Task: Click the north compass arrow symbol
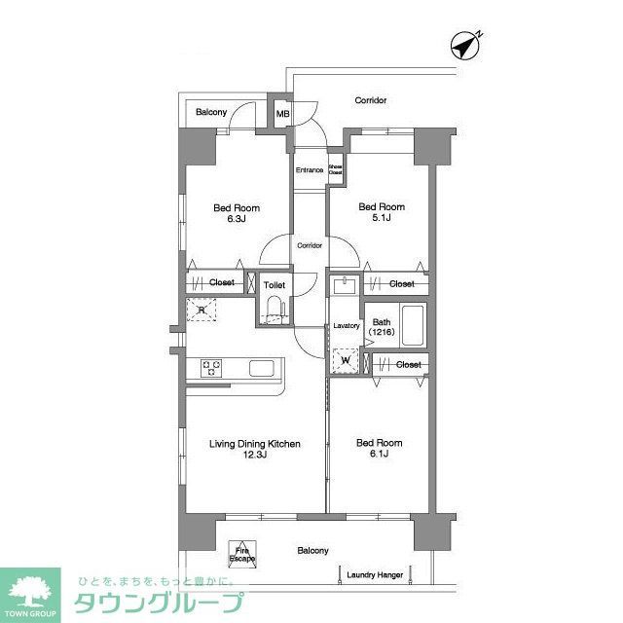pos(466,45)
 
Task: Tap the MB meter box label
pos(283,114)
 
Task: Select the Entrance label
pos(310,170)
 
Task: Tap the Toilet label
pos(274,285)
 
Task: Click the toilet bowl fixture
pos(274,310)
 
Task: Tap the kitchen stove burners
pos(213,367)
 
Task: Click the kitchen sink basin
pos(265,368)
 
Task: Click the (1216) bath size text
pos(381,333)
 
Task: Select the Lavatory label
pos(347,326)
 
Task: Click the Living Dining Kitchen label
pos(254,444)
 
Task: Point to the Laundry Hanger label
pos(375,575)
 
